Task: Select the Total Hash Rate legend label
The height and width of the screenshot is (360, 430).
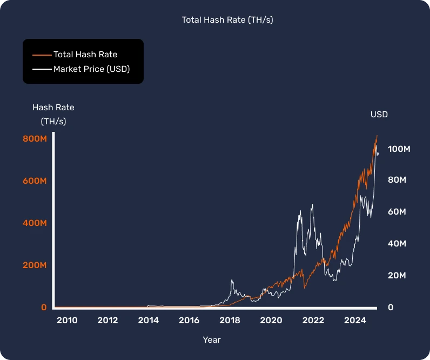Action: coord(85,54)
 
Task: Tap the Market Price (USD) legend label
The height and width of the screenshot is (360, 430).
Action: coord(91,69)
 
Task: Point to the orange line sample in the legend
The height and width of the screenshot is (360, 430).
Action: coord(42,54)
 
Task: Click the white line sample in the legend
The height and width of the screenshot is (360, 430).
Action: coord(42,69)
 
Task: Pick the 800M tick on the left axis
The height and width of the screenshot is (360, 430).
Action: coord(35,139)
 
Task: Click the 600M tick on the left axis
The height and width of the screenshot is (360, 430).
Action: coord(35,181)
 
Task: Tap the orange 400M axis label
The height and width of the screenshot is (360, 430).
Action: coord(35,223)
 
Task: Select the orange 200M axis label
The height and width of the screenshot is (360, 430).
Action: coord(35,265)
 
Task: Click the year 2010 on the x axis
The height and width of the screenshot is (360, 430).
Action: coord(67,321)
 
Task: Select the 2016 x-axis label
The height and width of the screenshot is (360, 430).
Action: coord(189,321)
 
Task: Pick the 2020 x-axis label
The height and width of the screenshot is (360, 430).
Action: coord(271,321)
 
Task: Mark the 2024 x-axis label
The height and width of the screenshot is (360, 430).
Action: coord(355,321)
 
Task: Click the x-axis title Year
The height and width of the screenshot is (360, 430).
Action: coord(212,340)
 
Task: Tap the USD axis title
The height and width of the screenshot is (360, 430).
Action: coord(379,115)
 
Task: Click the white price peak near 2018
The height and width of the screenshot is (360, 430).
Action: coord(232,280)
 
